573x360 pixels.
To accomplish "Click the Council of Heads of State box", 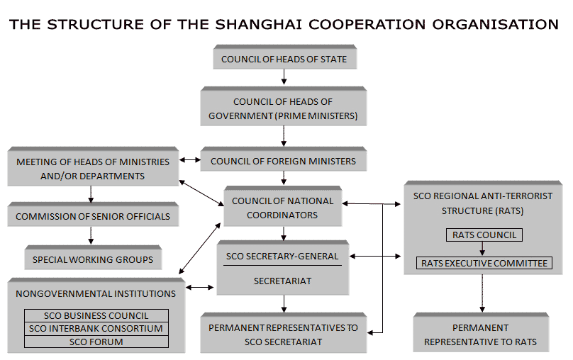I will (284, 59).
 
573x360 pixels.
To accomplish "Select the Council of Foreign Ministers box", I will (283, 161).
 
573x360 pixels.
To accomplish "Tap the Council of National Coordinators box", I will (283, 208).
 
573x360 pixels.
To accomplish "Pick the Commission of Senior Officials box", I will (93, 216).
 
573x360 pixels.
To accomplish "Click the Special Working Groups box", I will (93, 259).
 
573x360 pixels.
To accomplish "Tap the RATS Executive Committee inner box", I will (484, 263).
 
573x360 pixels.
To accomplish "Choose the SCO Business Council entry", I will (96, 315).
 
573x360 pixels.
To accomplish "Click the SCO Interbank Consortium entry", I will (96, 328).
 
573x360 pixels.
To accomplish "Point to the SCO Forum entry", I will (96, 342).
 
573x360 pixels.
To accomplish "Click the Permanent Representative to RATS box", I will (480, 334).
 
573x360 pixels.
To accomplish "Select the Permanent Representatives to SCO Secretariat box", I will (283, 334).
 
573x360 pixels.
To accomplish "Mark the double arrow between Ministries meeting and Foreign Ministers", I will (189, 161).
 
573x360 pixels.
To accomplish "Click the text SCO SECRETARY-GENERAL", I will (282, 256).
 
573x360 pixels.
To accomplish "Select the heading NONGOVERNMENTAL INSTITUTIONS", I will (96, 293).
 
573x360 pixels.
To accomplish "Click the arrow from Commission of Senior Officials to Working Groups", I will (91, 235).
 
